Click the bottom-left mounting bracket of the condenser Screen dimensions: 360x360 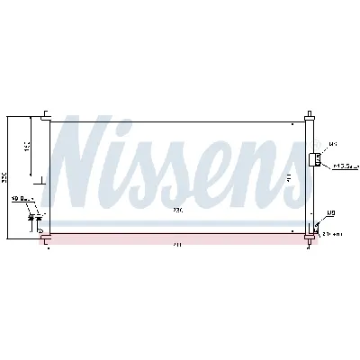tap(44, 236)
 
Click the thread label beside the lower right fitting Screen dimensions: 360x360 tap(331, 213)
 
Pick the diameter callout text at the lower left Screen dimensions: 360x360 tap(22, 199)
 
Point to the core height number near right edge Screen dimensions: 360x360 tap(287, 178)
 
